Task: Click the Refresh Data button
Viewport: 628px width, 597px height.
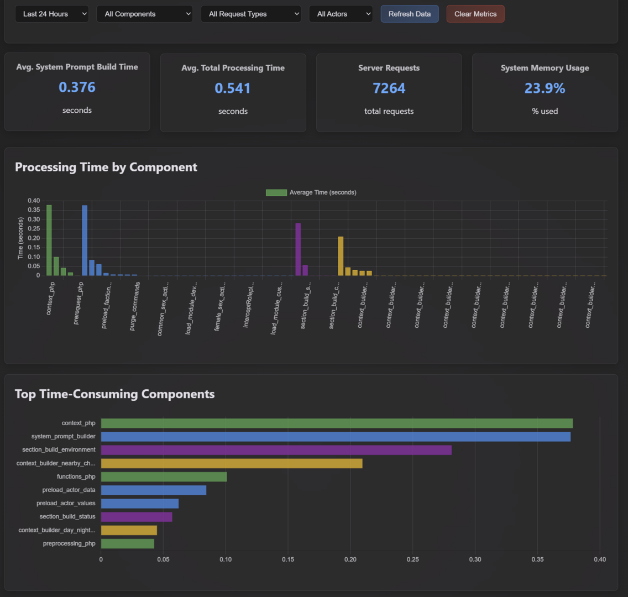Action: [409, 14]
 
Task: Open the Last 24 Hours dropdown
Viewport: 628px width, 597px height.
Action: [51, 14]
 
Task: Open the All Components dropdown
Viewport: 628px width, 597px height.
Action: [144, 14]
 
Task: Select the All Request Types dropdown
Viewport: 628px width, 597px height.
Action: [251, 14]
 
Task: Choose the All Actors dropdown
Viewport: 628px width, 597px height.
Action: [341, 14]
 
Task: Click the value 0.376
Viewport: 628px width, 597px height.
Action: [77, 87]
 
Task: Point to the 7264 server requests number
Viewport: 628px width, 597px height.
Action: [389, 88]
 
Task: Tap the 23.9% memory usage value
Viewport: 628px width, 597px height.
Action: [545, 88]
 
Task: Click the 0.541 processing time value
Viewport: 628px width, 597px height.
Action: [233, 88]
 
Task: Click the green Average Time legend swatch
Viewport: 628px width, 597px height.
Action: [276, 192]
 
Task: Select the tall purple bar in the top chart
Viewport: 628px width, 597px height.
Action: [298, 249]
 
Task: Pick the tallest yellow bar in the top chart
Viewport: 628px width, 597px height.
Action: [341, 256]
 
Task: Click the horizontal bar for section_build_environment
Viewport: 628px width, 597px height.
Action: [276, 450]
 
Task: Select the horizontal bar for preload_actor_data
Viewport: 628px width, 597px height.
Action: [154, 490]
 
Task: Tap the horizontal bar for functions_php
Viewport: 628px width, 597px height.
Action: [164, 477]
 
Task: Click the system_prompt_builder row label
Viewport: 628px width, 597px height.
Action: [63, 437]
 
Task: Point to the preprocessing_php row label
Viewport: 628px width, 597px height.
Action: [69, 544]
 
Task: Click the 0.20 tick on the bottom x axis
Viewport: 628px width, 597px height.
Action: [350, 559]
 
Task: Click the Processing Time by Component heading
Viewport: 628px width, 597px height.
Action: [106, 167]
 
